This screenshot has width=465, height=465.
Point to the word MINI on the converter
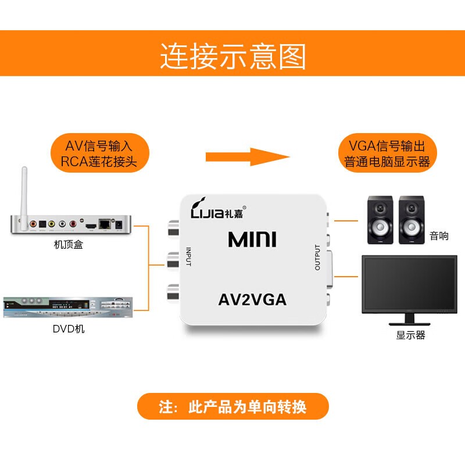point(252,239)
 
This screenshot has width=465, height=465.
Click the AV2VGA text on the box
point(252,301)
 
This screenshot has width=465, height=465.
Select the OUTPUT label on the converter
point(317,257)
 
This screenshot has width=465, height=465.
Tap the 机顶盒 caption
point(68,245)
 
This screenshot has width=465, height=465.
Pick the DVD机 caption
point(68,329)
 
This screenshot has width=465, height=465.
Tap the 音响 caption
point(439,236)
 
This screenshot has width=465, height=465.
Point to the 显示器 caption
point(410,335)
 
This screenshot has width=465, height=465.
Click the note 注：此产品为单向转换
point(233,407)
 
